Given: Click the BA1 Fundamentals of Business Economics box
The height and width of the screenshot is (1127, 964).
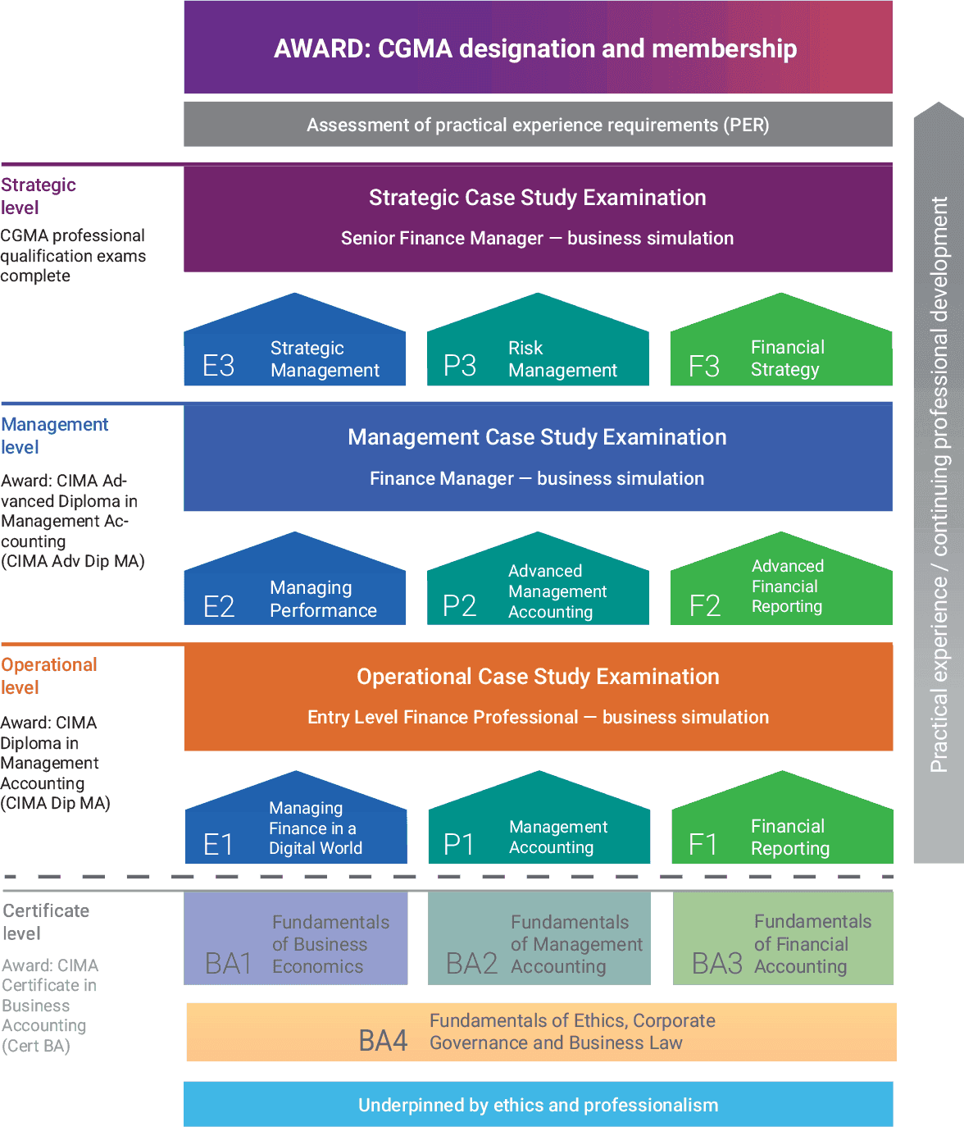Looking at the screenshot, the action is pyautogui.click(x=296, y=938).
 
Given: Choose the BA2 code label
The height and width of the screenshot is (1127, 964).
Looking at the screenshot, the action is pyautogui.click(x=471, y=964).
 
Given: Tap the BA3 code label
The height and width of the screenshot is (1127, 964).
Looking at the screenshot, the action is pyautogui.click(x=717, y=964).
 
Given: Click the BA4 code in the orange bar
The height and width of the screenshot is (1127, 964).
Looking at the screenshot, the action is pyautogui.click(x=383, y=1040).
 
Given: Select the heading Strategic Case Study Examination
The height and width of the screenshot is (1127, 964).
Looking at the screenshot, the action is pyautogui.click(x=537, y=198).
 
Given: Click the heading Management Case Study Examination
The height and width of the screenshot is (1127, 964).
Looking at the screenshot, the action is pyautogui.click(x=537, y=437).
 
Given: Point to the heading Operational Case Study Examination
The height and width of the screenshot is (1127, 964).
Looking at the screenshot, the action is pyautogui.click(x=538, y=677).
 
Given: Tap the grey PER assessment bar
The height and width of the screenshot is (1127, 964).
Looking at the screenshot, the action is pyautogui.click(x=538, y=125).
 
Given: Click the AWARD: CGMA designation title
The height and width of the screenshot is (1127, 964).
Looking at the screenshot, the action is pyautogui.click(x=535, y=48).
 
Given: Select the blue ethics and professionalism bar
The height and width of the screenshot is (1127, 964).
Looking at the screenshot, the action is pyautogui.click(x=538, y=1104).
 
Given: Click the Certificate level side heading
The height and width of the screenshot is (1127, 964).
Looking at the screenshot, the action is pyautogui.click(x=46, y=922).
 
